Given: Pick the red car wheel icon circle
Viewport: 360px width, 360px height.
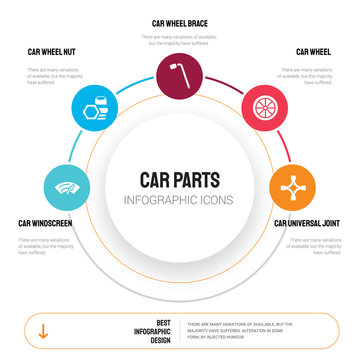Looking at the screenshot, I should pos(264,106).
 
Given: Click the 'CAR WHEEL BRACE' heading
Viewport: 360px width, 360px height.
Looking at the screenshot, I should pos(180,23).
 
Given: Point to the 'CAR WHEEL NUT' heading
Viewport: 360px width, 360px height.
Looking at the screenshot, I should pos(52,51).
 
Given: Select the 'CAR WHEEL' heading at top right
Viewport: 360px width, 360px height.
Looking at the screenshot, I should pos(314,51).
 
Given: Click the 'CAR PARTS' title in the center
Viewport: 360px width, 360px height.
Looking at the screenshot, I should pos(179,180).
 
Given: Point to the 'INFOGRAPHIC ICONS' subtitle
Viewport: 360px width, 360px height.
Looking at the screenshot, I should pos(179,199).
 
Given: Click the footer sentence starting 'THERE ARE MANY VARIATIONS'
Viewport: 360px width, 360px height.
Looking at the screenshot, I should pos(252,331).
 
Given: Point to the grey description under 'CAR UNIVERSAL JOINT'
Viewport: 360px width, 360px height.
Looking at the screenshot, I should pos(313,245).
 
